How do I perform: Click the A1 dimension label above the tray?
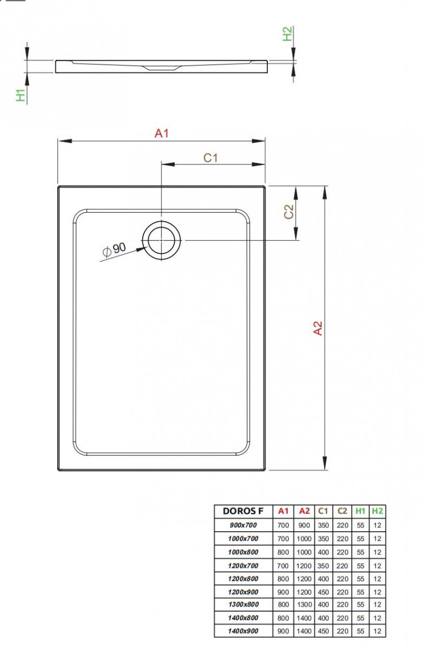point(162,133)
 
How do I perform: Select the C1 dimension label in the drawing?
point(210,157)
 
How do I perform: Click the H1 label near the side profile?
point(21,95)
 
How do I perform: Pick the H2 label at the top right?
point(288,34)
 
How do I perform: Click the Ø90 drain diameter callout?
point(114,249)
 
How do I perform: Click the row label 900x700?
point(243,525)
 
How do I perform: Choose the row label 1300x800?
point(243,605)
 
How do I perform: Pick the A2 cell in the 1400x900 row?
point(304,631)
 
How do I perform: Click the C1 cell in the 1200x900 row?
point(323,592)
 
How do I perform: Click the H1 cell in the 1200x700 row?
point(360,565)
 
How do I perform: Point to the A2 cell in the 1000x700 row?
point(304,538)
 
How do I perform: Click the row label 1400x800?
point(243,618)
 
